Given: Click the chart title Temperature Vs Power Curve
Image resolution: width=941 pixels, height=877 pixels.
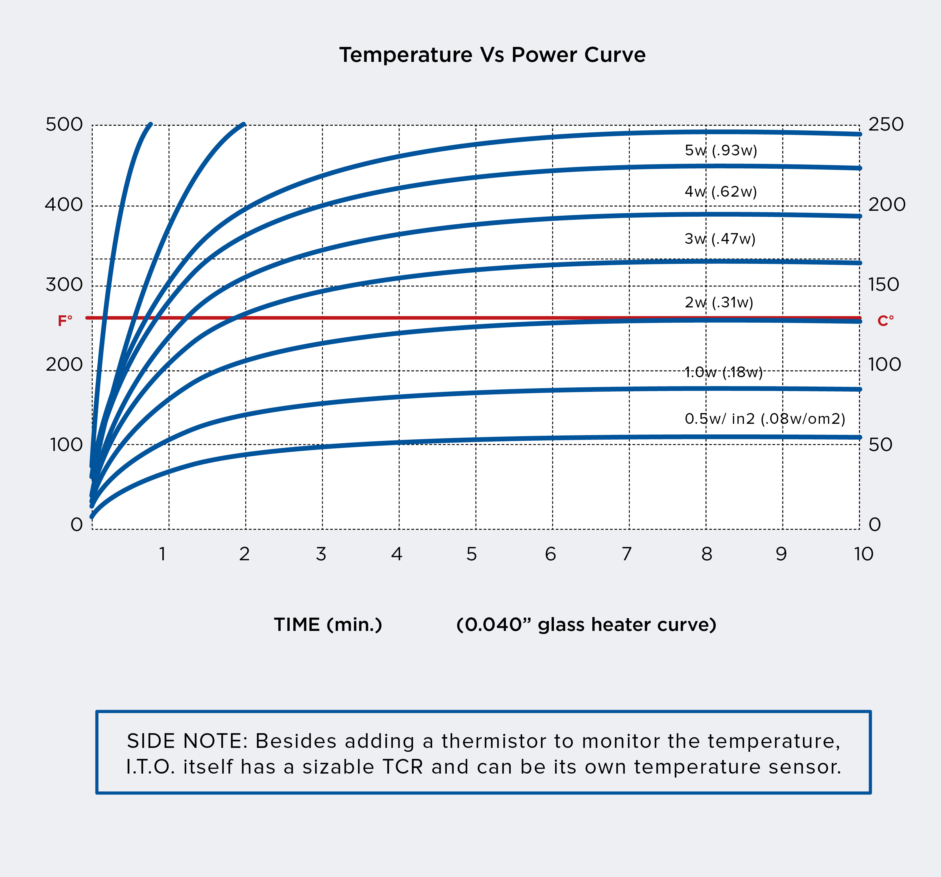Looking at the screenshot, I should point(492,55).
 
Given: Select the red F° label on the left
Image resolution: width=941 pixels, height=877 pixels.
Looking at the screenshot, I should point(65,321).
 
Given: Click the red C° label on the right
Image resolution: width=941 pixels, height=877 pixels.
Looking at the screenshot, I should point(885,321).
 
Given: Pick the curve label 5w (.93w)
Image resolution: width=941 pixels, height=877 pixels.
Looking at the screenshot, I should point(721,151).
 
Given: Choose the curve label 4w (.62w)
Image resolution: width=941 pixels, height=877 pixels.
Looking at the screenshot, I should point(721,192).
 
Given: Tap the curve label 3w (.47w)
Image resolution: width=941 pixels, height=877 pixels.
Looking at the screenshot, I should point(719,239).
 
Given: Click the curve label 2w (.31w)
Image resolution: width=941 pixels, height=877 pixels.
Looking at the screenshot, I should point(719,302).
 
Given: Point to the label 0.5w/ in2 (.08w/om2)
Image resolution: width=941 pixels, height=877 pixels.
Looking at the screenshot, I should point(765,419).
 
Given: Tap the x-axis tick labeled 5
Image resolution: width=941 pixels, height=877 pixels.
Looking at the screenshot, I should point(471,554).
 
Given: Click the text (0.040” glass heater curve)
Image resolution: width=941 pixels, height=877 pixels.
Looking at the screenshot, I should point(586,625).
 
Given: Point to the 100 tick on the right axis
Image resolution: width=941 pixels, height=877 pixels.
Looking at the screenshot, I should point(884,365).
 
